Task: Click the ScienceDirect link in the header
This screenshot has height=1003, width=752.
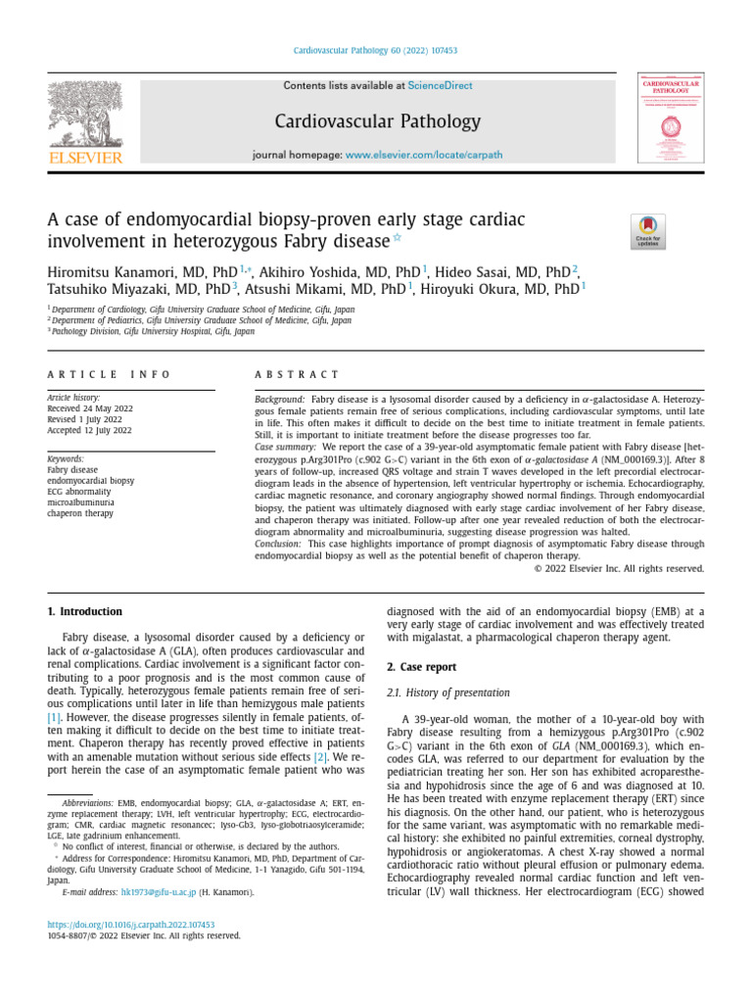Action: pyautogui.click(x=440, y=86)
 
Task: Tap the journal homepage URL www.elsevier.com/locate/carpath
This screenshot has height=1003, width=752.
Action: pyautogui.click(x=424, y=155)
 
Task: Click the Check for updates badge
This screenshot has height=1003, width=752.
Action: pyautogui.click(x=648, y=231)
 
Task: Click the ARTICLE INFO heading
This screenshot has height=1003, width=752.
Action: pyautogui.click(x=109, y=374)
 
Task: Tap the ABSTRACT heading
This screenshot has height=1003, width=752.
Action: pyautogui.click(x=297, y=374)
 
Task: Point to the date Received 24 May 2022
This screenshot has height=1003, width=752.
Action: pyautogui.click(x=93, y=410)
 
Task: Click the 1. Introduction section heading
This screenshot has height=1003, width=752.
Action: pyautogui.click(x=86, y=612)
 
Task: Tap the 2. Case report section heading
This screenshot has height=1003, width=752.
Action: pyautogui.click(x=421, y=667)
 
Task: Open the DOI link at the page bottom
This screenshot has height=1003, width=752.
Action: pyautogui.click(x=131, y=925)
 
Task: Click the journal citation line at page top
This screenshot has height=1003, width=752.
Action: pyautogui.click(x=376, y=51)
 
